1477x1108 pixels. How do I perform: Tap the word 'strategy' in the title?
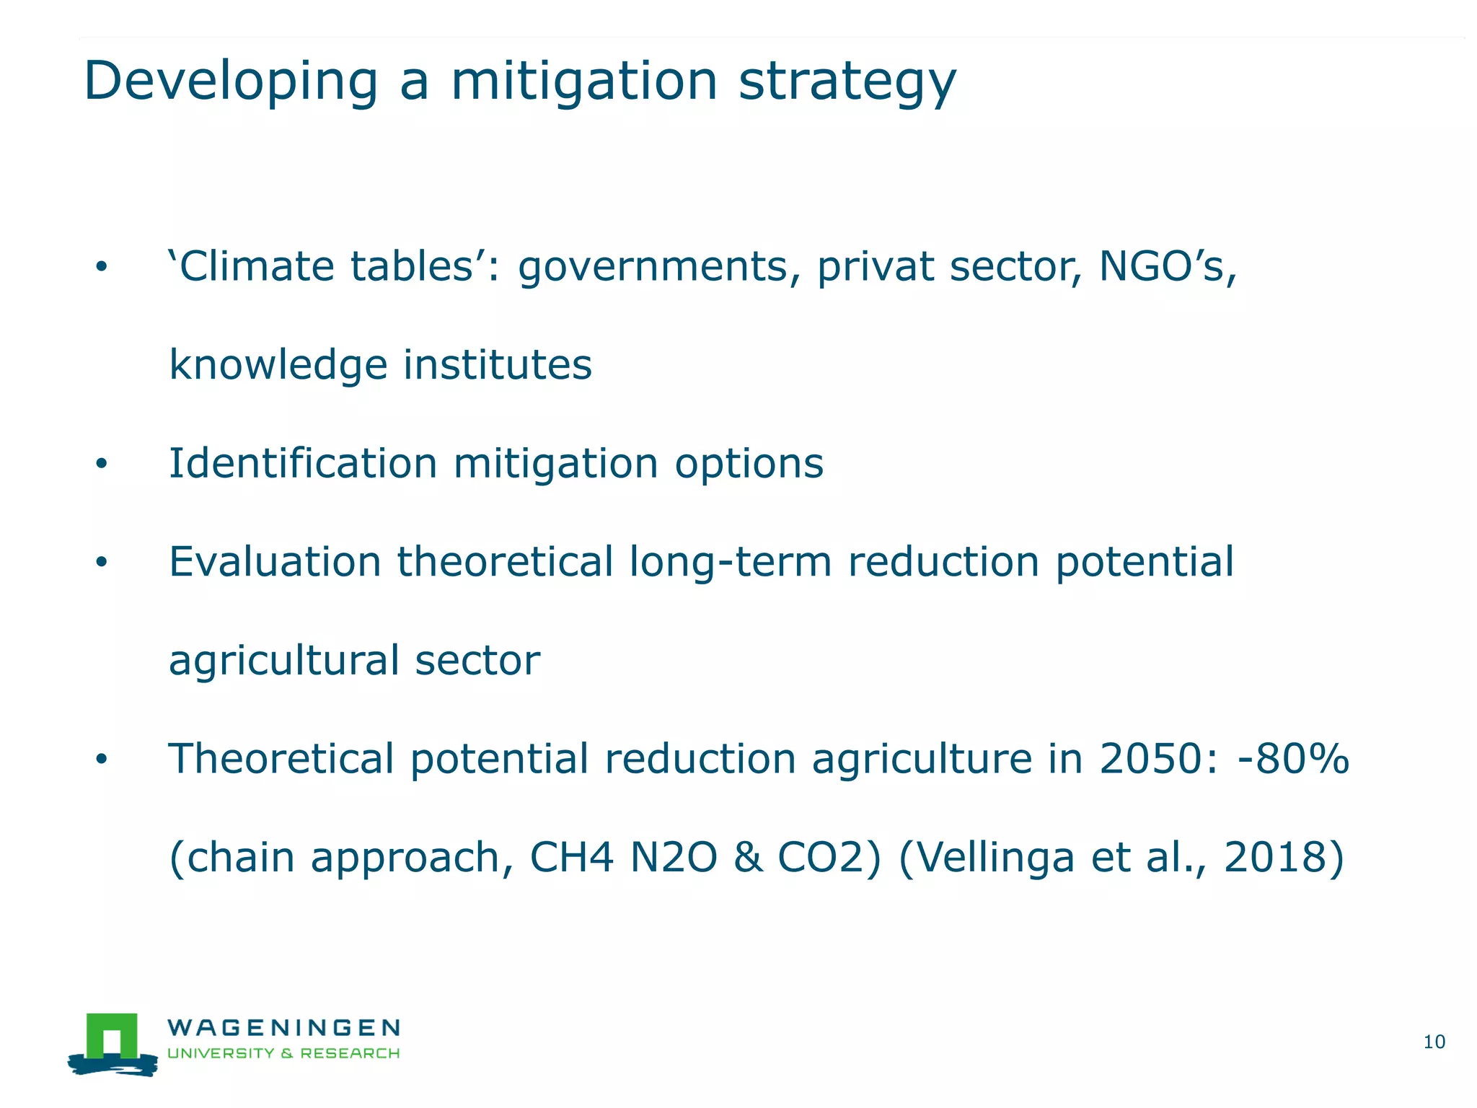(x=847, y=82)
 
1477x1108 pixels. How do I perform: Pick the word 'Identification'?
(x=303, y=463)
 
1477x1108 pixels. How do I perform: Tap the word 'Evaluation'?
(x=275, y=562)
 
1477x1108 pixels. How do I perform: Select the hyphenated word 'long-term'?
(x=731, y=562)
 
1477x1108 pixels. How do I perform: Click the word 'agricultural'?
(x=283, y=661)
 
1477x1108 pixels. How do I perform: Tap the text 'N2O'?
(x=674, y=858)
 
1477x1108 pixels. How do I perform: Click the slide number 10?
(x=1434, y=1042)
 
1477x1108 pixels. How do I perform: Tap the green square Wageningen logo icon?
(x=112, y=1039)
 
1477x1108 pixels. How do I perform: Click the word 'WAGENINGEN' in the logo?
(x=283, y=1027)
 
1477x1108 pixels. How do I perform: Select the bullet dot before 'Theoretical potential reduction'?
(x=101, y=759)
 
